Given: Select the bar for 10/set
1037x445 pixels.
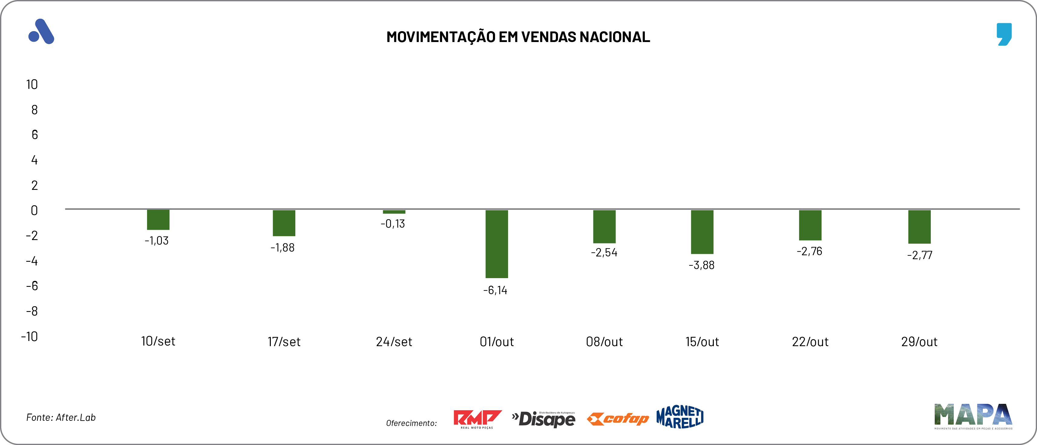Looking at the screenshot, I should pyautogui.click(x=158, y=220).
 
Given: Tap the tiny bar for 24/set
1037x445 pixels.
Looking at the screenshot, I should pyautogui.click(x=394, y=212).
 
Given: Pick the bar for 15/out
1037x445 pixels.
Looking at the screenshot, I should pyautogui.click(x=702, y=232).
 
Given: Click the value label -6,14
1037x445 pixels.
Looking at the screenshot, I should pyautogui.click(x=495, y=290).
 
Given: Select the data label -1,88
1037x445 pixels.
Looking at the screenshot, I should pyautogui.click(x=283, y=248).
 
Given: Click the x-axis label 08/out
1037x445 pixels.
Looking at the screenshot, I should pyautogui.click(x=604, y=342).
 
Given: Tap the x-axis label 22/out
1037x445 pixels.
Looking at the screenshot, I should pyautogui.click(x=810, y=342).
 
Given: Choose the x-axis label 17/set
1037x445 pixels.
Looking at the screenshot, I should pyautogui.click(x=284, y=342).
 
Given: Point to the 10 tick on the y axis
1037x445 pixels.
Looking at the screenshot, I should pyautogui.click(x=32, y=84).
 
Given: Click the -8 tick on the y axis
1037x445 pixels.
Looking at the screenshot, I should pyautogui.click(x=32, y=311).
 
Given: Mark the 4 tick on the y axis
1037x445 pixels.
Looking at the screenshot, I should pyautogui.click(x=34, y=160).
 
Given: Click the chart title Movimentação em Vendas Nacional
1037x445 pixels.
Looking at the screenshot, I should pyautogui.click(x=518, y=37).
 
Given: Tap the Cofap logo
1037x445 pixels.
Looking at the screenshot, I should pyautogui.click(x=618, y=419).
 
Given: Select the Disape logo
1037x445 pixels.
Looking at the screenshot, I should pyautogui.click(x=543, y=419).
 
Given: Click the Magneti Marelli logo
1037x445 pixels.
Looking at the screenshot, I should pyautogui.click(x=680, y=417).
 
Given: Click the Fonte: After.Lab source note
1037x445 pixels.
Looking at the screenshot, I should pyautogui.click(x=61, y=417).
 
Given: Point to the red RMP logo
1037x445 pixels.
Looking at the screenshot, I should pyautogui.click(x=477, y=419).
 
